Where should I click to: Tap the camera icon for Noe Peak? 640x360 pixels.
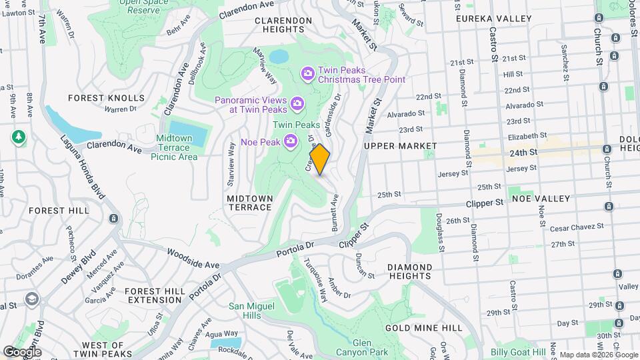click(291, 140)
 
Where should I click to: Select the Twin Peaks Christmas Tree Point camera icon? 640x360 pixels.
click(307, 73)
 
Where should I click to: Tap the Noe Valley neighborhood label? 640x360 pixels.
click(540, 199)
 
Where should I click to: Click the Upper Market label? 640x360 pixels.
click(401, 145)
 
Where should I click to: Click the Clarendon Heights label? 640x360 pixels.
click(283, 25)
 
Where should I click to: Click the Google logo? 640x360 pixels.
click(23, 351)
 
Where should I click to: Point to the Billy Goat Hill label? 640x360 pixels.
click(518, 352)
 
